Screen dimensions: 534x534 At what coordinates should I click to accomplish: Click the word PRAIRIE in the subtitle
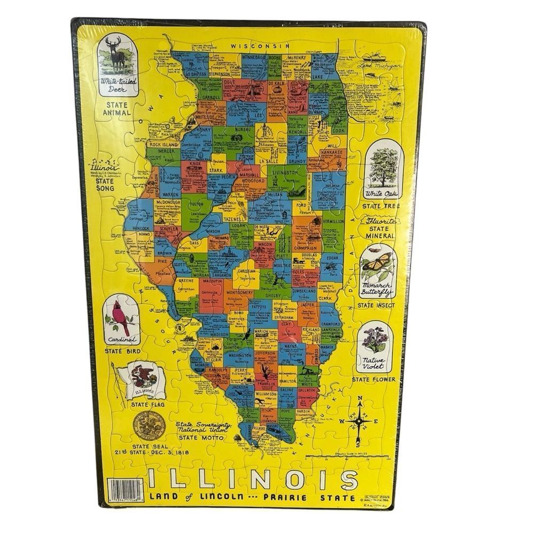pyautogui.click(x=281, y=497)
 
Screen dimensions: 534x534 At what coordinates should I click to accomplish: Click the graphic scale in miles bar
pyautogui.click(x=347, y=457)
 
